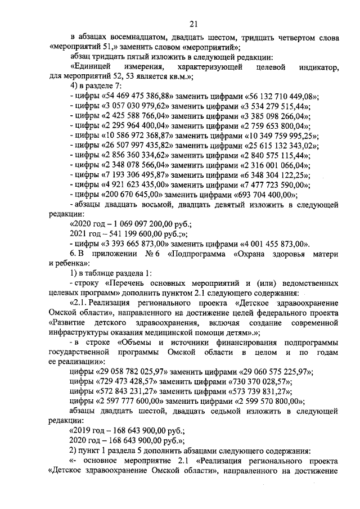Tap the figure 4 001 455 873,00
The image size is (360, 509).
[x=273, y=244]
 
